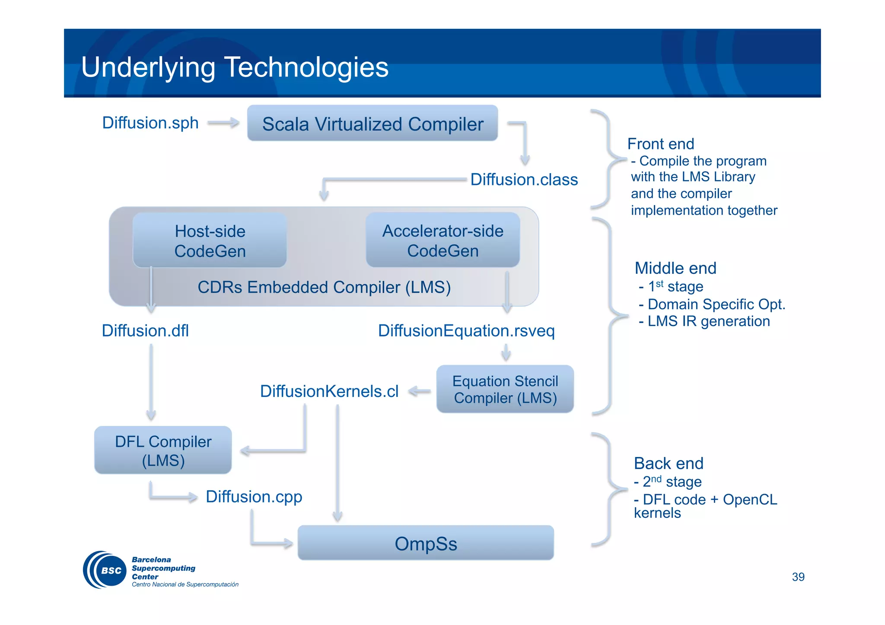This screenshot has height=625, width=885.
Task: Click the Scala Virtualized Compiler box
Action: pos(372,124)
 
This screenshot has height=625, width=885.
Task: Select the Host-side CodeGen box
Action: pos(210,241)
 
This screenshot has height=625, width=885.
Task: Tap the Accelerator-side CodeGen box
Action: pos(442,241)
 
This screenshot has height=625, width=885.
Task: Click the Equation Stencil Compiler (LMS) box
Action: pos(505,389)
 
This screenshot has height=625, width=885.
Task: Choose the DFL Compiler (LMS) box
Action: pos(163,451)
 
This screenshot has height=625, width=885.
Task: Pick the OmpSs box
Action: pos(425,543)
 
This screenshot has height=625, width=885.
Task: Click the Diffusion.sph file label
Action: pos(150,123)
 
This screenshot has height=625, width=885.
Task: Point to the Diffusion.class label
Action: pos(524,180)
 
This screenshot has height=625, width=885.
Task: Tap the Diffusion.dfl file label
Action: pos(145,331)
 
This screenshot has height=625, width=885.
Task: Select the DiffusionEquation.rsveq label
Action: pos(466,331)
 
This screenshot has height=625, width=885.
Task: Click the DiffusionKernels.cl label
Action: pos(329,391)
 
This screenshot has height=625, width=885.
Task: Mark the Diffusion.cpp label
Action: pos(254,497)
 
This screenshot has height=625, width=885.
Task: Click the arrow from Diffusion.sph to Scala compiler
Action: pos(223,123)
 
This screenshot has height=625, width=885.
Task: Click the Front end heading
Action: pos(660,144)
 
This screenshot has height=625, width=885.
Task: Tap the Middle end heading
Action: pos(675,268)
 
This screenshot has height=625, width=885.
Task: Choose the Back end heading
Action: pos(668,463)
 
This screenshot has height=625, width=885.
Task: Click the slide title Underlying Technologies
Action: pos(235,67)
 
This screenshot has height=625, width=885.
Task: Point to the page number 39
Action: pos(798,577)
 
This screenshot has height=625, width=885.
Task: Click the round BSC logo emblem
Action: pos(105,570)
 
